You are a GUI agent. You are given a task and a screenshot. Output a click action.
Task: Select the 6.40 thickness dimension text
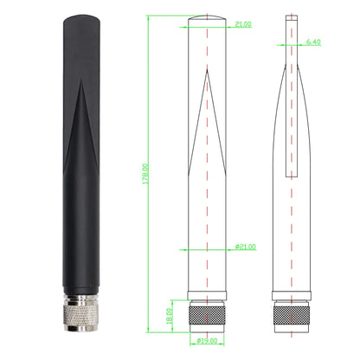[314, 42]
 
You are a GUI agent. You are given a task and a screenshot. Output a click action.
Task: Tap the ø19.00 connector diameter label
[207, 339]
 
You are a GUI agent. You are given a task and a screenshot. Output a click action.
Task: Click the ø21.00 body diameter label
[245, 247]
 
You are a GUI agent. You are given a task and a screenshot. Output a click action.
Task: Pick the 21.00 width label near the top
[243, 25]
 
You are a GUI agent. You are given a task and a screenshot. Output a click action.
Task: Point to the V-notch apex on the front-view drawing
[206, 73]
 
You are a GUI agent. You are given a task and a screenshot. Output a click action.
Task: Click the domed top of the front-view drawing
[206, 19]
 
